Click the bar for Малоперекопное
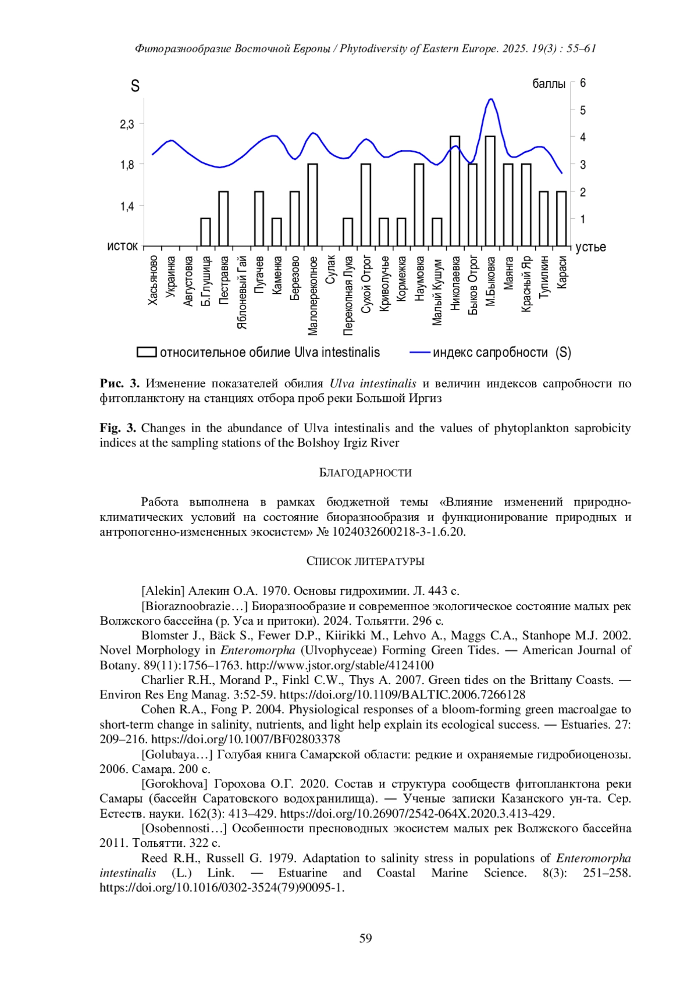tap(312, 205)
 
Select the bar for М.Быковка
tap(490, 191)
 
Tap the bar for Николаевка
tap(455, 191)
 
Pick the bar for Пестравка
tap(223, 218)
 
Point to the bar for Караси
tap(561, 218)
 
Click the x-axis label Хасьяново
tap(153, 280)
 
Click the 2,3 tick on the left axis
tap(127, 124)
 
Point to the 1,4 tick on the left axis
tap(127, 206)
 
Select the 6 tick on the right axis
tap(583, 83)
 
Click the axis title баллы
tap(549, 84)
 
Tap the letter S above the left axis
tap(135, 86)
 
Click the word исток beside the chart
tap(122, 247)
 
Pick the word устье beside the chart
tap(590, 247)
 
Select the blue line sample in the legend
tap(420, 352)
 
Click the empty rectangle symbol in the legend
tap(147, 352)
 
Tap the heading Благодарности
tap(365, 473)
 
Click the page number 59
tap(365, 938)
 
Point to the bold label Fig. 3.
tap(118, 428)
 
